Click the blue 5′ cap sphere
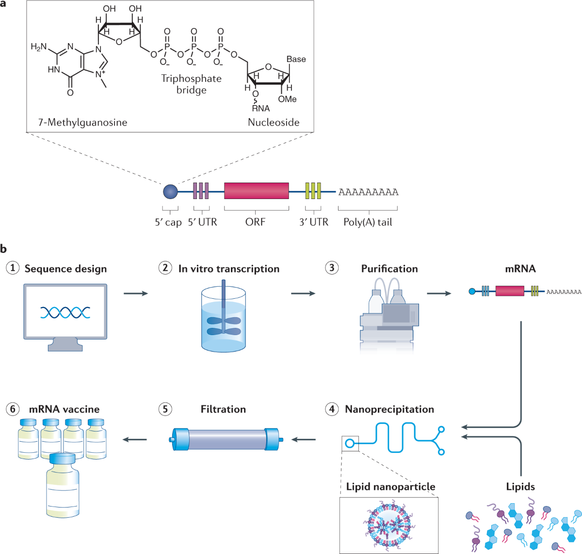171,192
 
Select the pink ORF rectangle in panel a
257,191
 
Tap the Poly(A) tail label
368,222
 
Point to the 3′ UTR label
313,222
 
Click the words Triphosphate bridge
191,84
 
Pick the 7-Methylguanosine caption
82,123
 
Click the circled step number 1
13,268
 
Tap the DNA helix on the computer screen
65,312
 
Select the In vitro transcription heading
228,269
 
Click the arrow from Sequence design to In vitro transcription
135,293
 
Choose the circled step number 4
332,409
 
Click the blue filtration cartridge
226,439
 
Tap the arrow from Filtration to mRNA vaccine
135,439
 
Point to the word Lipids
520,487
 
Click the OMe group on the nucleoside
287,99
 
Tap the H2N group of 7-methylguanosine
39,47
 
